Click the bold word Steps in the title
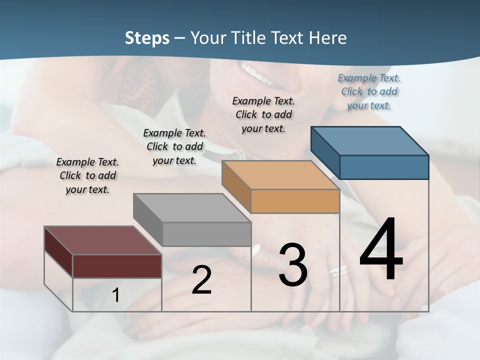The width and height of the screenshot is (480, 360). (x=147, y=38)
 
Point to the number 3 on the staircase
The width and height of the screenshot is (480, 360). (x=293, y=265)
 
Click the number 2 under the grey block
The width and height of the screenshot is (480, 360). (x=201, y=280)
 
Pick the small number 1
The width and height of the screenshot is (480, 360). (x=116, y=295)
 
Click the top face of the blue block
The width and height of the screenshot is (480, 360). (x=369, y=141)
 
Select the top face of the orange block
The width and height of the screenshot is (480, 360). (x=280, y=175)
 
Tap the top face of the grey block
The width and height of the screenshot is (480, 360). (x=192, y=208)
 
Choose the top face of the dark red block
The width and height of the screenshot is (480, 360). (x=102, y=240)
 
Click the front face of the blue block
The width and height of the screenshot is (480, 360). (x=384, y=167)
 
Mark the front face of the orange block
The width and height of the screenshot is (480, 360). (x=295, y=201)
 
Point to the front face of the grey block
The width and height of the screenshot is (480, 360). (x=206, y=234)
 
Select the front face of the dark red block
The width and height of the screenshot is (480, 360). (x=117, y=266)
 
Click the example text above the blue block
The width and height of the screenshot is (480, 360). (x=369, y=91)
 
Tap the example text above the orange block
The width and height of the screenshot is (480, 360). (x=263, y=114)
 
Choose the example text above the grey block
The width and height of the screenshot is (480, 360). (x=174, y=146)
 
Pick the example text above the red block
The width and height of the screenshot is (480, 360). (x=87, y=175)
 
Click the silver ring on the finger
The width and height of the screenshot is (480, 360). (x=338, y=270)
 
